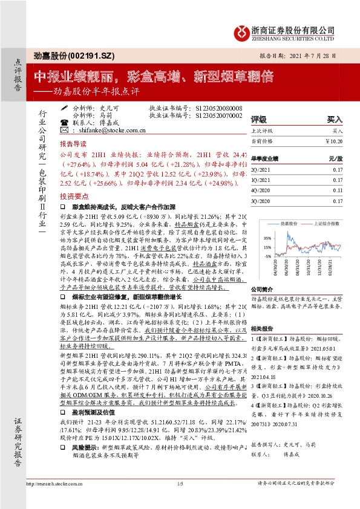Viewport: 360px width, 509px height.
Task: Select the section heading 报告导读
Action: click(73, 146)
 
